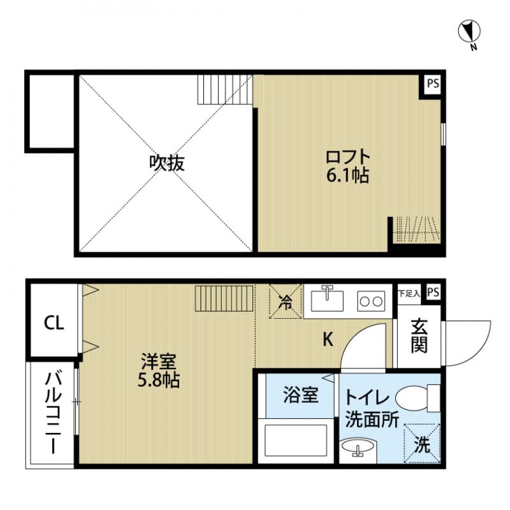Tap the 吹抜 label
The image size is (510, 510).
[x=167, y=163]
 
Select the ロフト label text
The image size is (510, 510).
[x=347, y=156]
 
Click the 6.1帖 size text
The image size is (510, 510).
[x=347, y=175]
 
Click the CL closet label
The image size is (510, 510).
[x=54, y=323]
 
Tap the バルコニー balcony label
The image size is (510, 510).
[x=52, y=413]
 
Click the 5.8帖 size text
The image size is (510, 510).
[x=159, y=381]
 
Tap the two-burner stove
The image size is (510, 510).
[x=371, y=300]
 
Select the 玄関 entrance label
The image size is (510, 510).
[x=419, y=336]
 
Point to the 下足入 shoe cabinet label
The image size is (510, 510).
[x=409, y=293]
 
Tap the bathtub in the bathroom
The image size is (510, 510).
[x=297, y=440]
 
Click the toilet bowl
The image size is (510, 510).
[x=416, y=399]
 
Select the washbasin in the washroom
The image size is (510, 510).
[x=358, y=449]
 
